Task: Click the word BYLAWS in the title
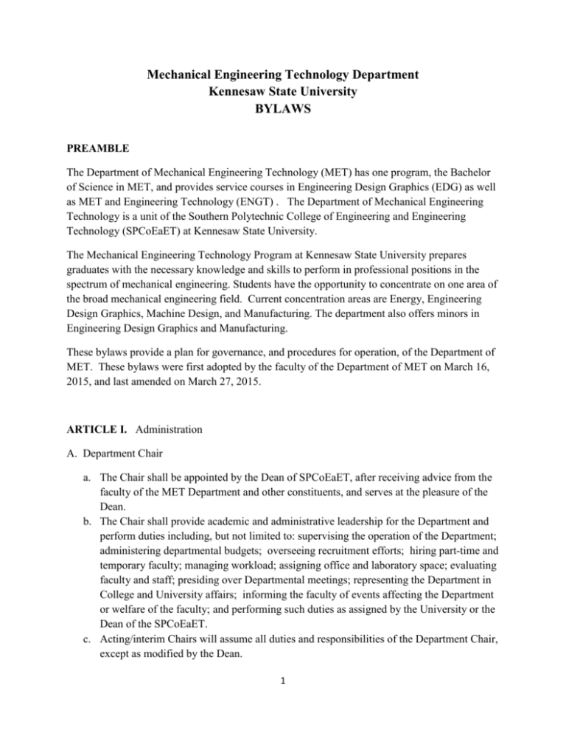[282, 111]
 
